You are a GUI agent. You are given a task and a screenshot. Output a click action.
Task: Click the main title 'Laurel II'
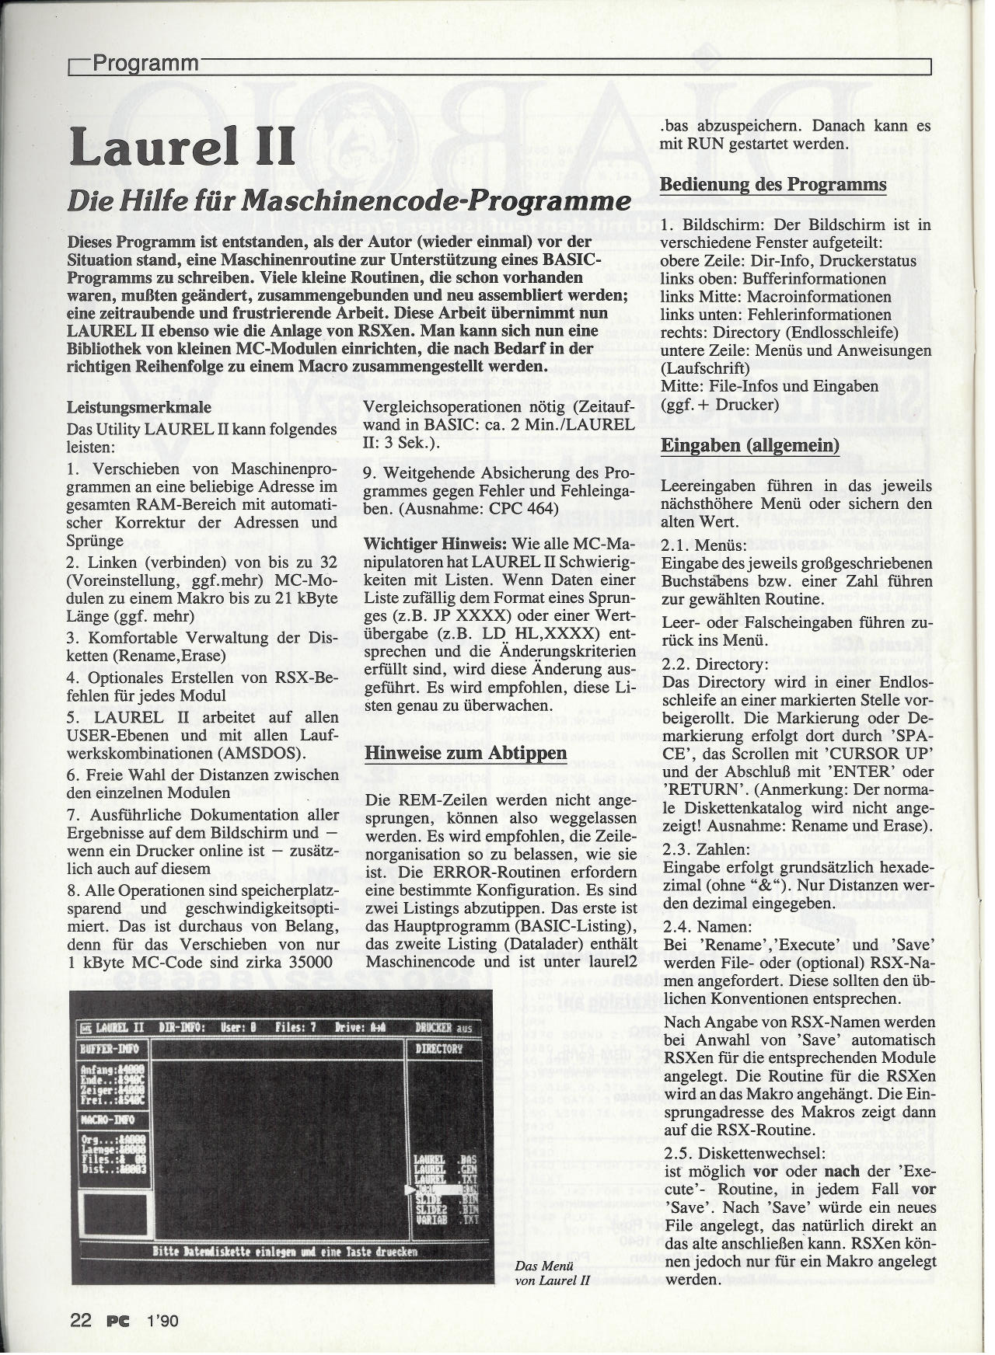(182, 146)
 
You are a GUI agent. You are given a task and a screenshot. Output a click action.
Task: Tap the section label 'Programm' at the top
(145, 63)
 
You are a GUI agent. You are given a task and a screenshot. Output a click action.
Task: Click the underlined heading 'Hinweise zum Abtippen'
(456, 754)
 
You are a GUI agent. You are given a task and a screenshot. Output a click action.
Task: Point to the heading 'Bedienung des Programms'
(773, 185)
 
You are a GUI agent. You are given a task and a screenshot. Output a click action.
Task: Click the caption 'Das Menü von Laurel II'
(553, 1272)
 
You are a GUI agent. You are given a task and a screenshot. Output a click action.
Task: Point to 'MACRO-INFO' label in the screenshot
(110, 1120)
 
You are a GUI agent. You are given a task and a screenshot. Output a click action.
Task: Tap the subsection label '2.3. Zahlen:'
(695, 849)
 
